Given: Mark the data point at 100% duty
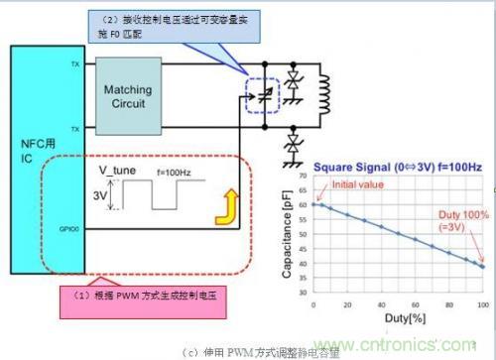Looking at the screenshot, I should point(481,266).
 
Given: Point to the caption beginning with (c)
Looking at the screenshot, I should point(248,351).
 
